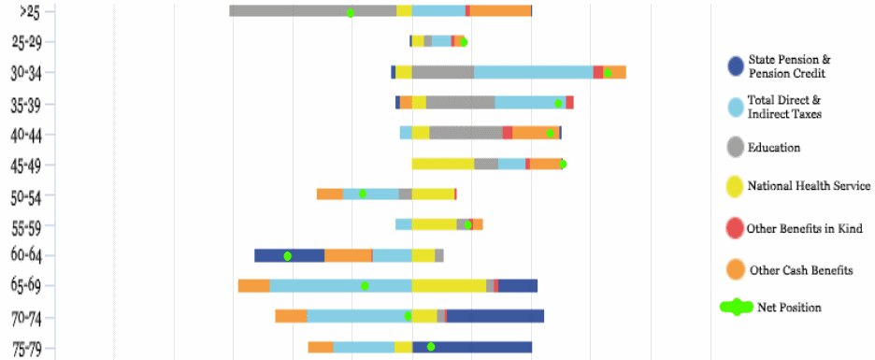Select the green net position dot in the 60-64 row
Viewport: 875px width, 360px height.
[288, 255]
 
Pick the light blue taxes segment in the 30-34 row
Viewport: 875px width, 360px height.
[533, 72]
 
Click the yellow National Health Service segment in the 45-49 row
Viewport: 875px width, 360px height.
[442, 164]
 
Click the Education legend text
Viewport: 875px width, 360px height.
[774, 147]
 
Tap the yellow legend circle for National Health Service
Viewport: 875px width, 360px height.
[736, 187]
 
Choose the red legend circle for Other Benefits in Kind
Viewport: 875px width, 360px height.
[736, 228]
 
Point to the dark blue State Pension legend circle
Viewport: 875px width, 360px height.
[736, 66]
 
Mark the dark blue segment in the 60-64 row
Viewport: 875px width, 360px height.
[289, 255]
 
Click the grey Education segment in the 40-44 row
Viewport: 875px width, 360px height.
[466, 133]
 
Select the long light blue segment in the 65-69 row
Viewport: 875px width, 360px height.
[340, 285]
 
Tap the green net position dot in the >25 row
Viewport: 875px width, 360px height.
[350, 13]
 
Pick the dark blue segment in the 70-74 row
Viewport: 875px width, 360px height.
[495, 316]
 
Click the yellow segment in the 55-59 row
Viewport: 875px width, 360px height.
[434, 224]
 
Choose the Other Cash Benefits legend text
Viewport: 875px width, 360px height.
[799, 270]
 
